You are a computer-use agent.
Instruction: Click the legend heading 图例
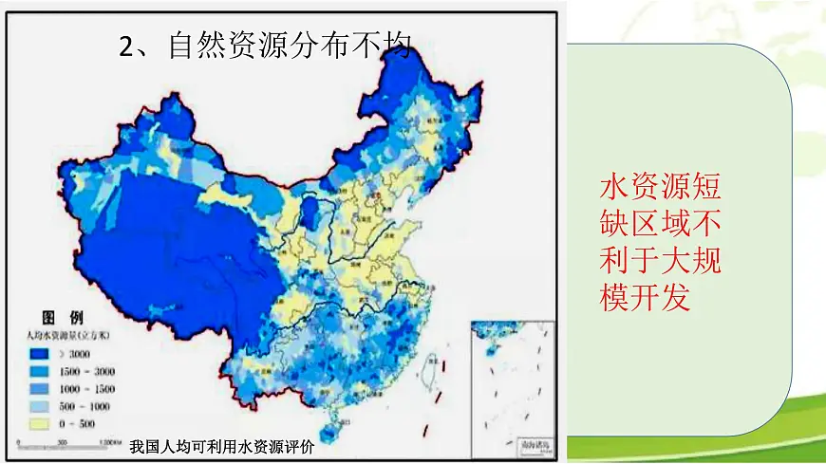62,317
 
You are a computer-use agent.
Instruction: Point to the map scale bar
66,442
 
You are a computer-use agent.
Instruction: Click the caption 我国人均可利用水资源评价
221,447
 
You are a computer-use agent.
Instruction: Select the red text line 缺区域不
662,222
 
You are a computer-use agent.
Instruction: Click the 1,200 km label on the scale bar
110,442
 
